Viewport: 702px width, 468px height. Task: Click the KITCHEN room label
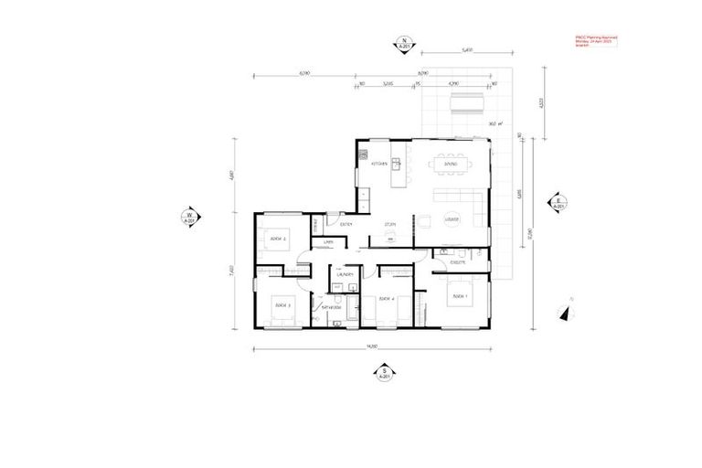point(380,165)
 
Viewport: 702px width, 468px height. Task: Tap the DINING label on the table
point(451,165)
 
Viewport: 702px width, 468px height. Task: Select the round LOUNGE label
point(451,220)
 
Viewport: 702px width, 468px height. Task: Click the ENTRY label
point(346,224)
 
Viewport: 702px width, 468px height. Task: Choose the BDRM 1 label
point(458,297)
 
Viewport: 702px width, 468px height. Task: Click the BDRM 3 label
point(282,304)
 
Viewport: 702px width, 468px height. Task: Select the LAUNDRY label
point(345,274)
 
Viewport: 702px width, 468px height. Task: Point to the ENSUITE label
point(459,262)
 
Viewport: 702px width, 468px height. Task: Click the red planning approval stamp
point(596,41)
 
